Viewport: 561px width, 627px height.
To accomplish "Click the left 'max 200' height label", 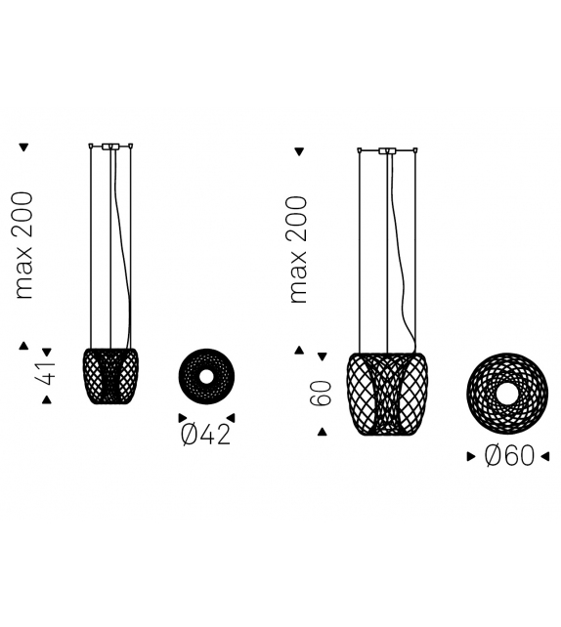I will coord(24,244).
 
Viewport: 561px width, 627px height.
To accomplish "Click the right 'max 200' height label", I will coord(299,250).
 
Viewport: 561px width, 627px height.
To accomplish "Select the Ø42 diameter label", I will coord(205,434).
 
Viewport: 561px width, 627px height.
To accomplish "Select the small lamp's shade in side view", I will coord(110,377).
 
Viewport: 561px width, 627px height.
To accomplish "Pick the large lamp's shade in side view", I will coord(387,394).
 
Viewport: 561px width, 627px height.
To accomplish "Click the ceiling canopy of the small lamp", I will coord(110,146).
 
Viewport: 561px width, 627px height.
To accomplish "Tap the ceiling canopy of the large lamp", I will coord(387,150).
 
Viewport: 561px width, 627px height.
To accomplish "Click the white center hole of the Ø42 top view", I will coord(206,377).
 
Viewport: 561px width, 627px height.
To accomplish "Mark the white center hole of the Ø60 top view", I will coord(508,394).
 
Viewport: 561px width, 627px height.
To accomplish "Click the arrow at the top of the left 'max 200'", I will coord(24,147).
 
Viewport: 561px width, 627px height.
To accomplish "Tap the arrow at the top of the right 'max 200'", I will coord(299,152).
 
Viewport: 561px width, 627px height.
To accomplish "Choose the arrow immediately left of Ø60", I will coord(472,455).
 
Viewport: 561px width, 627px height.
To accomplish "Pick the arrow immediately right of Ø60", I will coord(545,455).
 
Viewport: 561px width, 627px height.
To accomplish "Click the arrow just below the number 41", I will coord(46,399).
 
